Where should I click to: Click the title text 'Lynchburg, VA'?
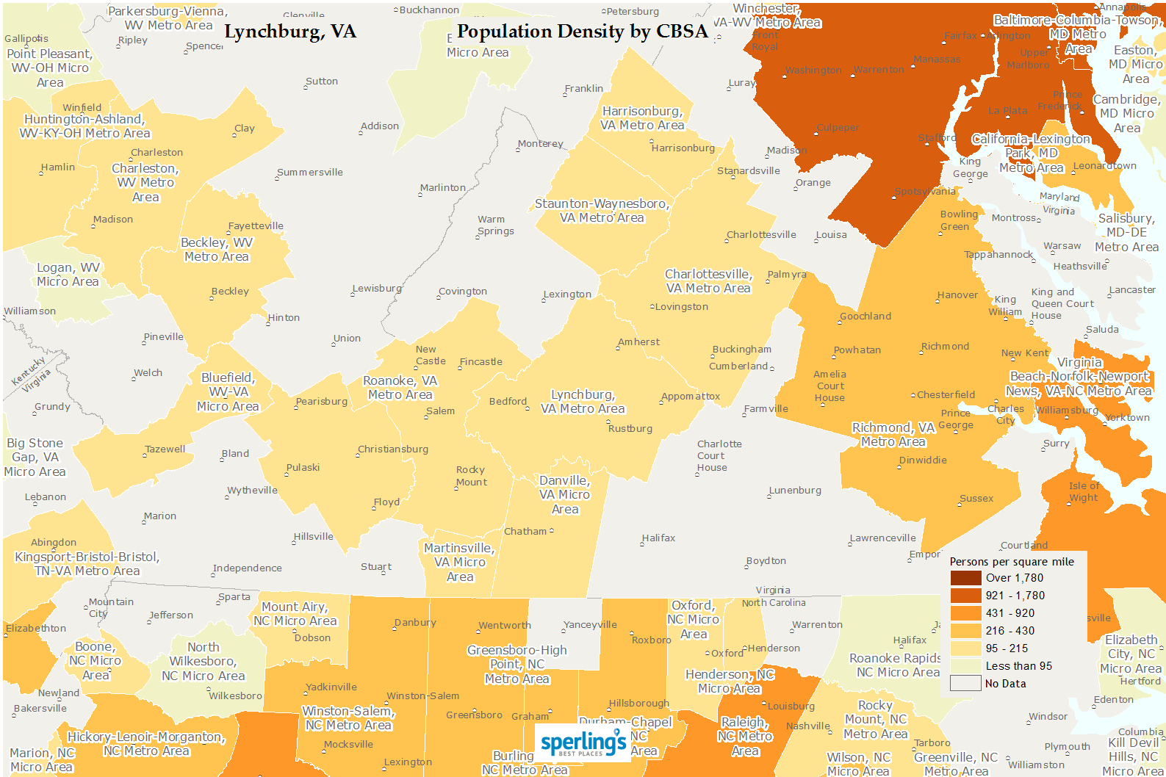pos(289,32)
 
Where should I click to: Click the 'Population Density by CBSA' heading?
pos(582,32)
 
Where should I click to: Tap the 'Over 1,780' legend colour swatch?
pos(965,578)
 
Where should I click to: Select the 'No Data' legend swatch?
pos(965,684)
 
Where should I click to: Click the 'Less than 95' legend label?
pos(1018,666)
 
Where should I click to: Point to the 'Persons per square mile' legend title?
pos(1011,562)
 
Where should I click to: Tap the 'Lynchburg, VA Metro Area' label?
pos(583,402)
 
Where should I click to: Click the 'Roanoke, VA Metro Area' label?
pos(400,388)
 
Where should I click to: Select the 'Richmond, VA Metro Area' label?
pos(893,435)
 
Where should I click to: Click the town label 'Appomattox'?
pos(691,397)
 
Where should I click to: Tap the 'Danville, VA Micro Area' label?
pos(564,495)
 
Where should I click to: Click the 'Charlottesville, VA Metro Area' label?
pos(708,281)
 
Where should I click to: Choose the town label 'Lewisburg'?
pos(377,289)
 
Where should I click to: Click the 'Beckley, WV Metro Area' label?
pos(217,250)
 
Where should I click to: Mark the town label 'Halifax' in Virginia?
pos(658,538)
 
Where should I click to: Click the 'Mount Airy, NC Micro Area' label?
pos(295,614)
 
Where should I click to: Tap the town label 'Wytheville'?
pos(252,491)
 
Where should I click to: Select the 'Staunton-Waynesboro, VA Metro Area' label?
pos(602,211)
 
